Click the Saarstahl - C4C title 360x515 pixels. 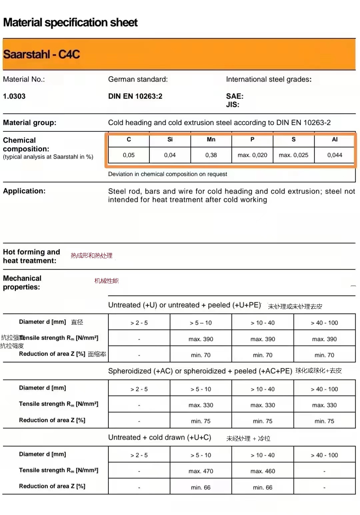click(x=42, y=54)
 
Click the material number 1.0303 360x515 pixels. click(x=14, y=96)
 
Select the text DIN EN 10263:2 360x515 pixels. click(x=135, y=96)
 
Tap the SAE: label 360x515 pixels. click(x=235, y=96)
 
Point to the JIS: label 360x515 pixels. click(x=233, y=105)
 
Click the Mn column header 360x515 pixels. click(x=211, y=139)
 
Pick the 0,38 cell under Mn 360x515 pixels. click(x=211, y=155)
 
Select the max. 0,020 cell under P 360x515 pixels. click(x=252, y=155)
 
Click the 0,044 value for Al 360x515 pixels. click(x=335, y=155)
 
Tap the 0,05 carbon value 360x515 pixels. click(x=129, y=155)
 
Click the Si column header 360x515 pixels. click(x=170, y=139)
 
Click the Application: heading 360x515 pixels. click(x=24, y=191)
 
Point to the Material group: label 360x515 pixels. click(x=30, y=123)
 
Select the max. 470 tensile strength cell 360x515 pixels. click(x=201, y=471)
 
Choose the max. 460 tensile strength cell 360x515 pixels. click(x=263, y=471)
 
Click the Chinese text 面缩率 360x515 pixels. click(x=97, y=354)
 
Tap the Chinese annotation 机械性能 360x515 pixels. click(x=106, y=281)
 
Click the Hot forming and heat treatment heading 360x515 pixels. click(x=31, y=256)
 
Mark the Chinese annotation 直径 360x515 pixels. click(x=77, y=322)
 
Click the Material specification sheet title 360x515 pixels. click(x=70, y=23)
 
